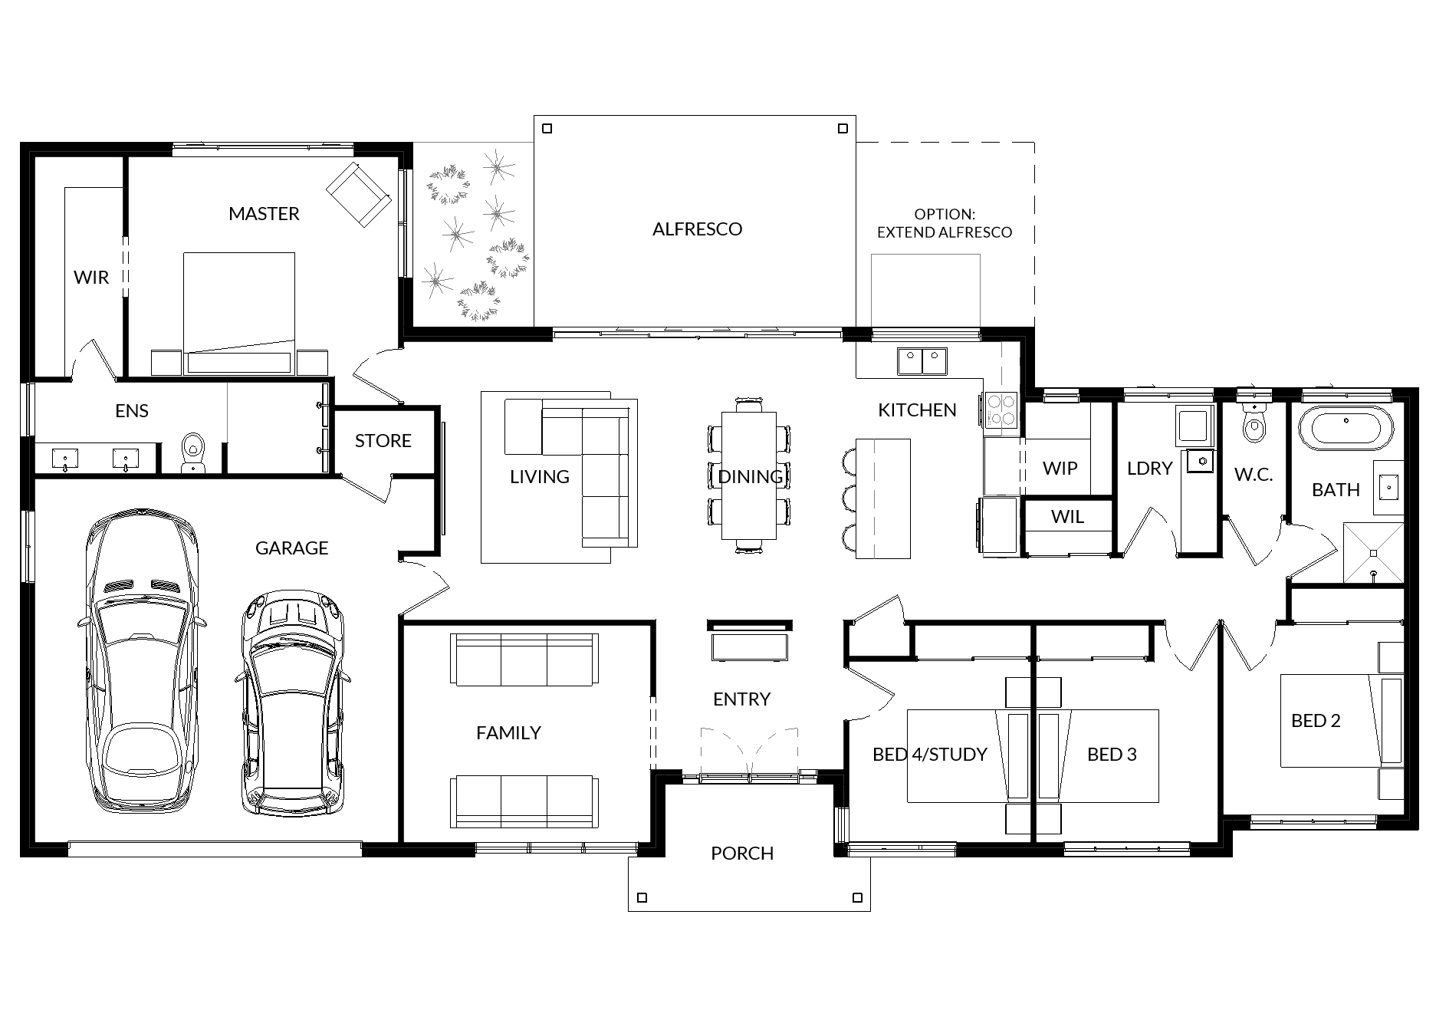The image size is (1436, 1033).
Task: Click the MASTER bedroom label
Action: tap(264, 214)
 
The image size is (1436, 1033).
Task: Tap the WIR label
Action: tap(91, 278)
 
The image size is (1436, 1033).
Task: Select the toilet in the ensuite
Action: tap(192, 453)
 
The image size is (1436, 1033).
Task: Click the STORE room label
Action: tap(383, 441)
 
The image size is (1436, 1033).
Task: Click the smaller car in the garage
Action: tap(292, 702)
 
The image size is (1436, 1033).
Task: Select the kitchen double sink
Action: tap(922, 360)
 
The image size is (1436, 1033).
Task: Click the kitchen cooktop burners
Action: tap(1001, 410)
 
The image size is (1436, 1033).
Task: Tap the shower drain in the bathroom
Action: tap(1373, 553)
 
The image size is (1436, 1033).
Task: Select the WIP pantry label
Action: tap(1060, 469)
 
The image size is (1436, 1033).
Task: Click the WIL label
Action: tap(1067, 518)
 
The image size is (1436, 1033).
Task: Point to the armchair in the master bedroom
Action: tap(359, 194)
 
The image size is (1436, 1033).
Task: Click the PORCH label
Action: tap(741, 854)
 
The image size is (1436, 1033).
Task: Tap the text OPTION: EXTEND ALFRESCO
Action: tap(945, 224)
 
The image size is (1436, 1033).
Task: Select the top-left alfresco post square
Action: tap(547, 128)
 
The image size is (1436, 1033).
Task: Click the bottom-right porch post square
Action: tap(857, 898)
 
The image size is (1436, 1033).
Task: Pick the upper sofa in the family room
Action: tap(525, 660)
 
